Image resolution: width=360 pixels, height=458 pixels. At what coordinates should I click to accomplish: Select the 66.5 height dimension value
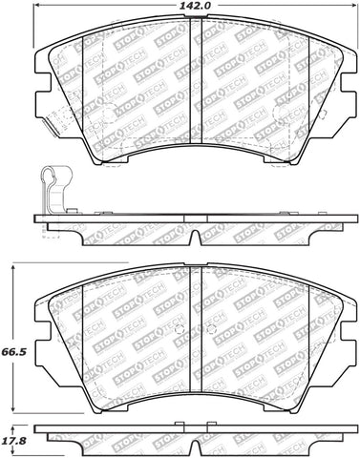pyautogui.click(x=11, y=336)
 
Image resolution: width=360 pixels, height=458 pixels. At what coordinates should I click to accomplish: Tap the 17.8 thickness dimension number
pyautogui.click(x=11, y=440)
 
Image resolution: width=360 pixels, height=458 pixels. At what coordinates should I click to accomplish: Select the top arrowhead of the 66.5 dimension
pyautogui.click(x=13, y=264)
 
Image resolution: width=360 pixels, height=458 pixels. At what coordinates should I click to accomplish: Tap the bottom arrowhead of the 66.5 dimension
pyautogui.click(x=13, y=408)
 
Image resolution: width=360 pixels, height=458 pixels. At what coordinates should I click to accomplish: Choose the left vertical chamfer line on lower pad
pyautogui.click(x=84, y=324)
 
